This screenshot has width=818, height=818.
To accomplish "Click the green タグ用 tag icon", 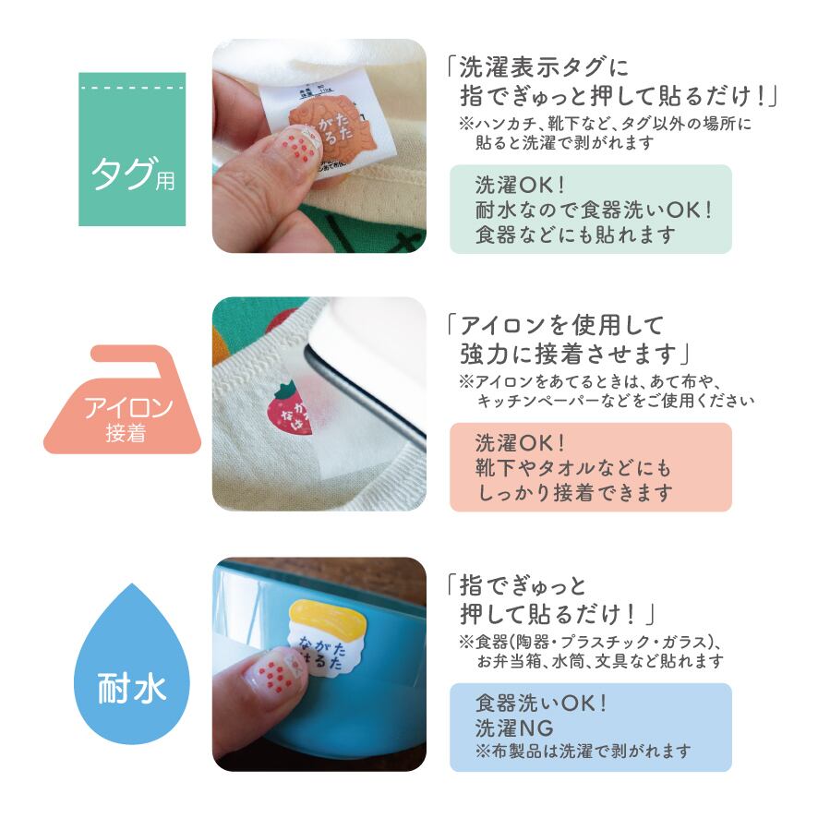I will [132, 150].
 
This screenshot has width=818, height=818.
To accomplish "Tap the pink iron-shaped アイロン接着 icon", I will [125, 406].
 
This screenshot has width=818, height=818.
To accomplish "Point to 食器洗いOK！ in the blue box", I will [540, 704].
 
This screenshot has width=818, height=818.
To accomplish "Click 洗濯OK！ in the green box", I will [523, 185].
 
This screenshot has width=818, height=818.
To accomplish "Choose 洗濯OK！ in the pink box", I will [523, 442].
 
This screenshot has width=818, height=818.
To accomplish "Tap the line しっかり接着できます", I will [574, 493].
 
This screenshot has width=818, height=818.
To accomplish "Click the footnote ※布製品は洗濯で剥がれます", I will [582, 752].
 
